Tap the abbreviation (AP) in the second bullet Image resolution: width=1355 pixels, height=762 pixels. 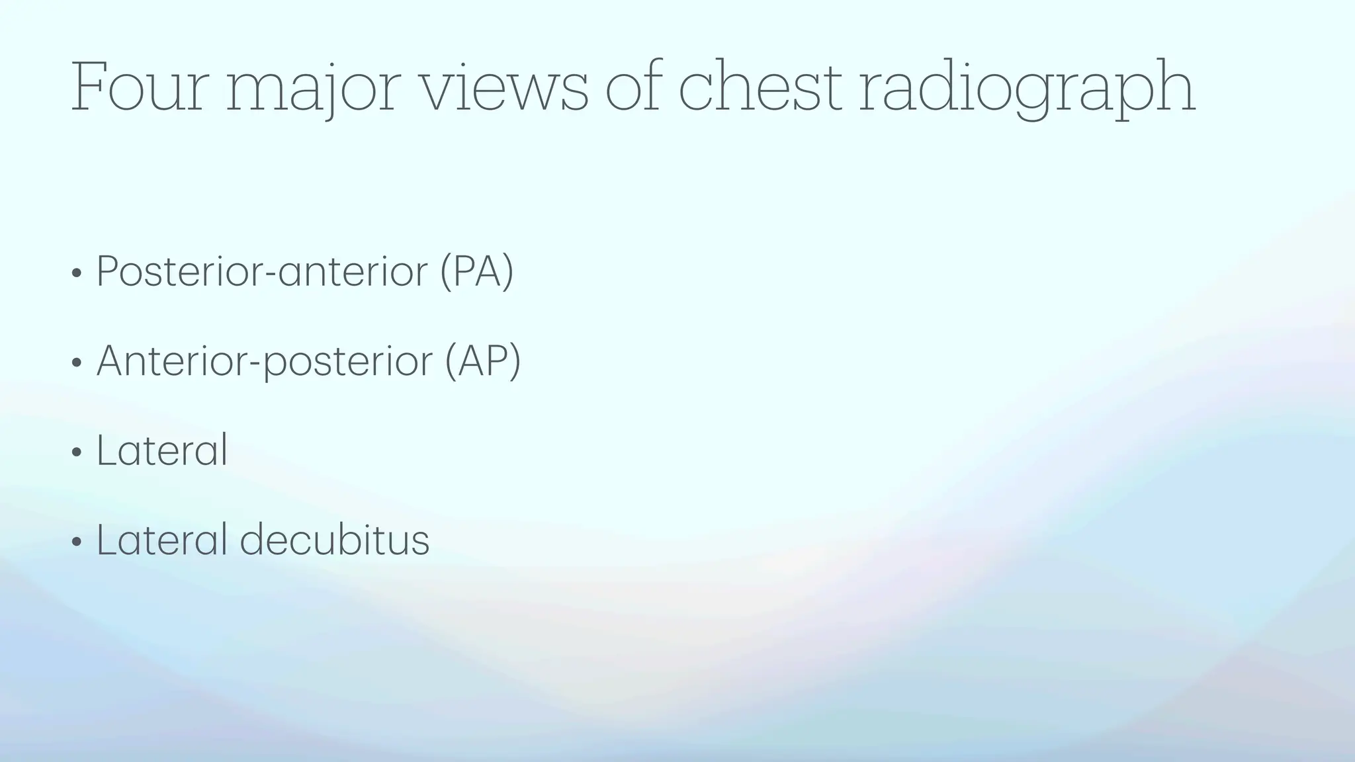click(483, 361)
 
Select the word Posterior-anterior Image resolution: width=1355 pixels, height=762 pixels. click(262, 271)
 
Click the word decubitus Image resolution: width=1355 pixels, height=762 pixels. click(334, 539)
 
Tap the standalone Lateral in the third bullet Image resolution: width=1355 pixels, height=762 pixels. click(162, 450)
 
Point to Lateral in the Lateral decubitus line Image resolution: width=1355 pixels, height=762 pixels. click(162, 539)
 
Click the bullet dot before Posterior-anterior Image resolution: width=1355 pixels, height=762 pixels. click(77, 273)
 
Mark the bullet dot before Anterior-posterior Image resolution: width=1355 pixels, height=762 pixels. click(77, 363)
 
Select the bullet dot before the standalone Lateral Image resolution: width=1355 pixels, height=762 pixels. click(77, 452)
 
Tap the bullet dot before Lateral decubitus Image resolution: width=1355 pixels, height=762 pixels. click(77, 542)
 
